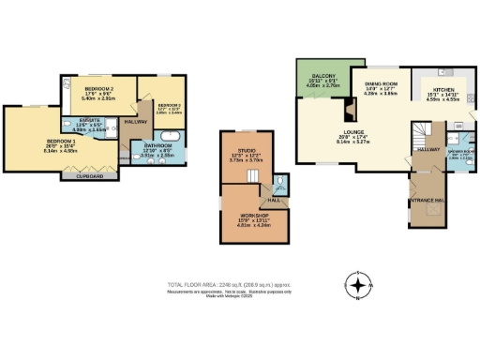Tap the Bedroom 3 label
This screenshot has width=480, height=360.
click(169, 104)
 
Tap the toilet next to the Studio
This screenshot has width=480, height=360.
click(283, 184)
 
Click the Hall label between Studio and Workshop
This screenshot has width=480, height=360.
click(274, 200)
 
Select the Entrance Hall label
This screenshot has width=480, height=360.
click(427, 199)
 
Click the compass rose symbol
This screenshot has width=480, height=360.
click(357, 283)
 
